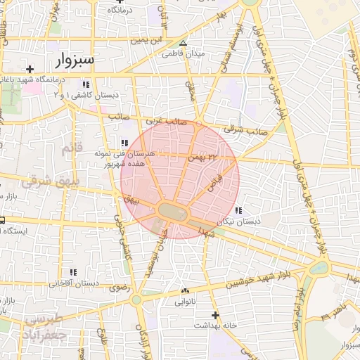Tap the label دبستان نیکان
click(238, 221)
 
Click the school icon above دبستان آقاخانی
click(73, 272)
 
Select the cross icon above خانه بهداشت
click(215, 315)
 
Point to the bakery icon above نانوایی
click(185, 291)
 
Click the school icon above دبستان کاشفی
click(86, 85)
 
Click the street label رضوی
click(117, 288)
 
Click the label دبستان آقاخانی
click(68, 283)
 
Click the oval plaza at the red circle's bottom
click(173, 210)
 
